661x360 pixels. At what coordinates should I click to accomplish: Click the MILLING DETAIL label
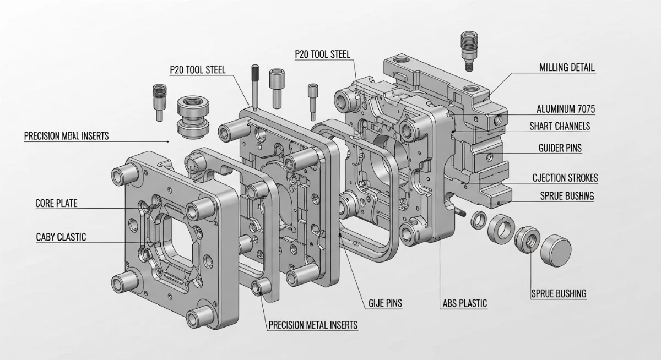[x=566, y=68]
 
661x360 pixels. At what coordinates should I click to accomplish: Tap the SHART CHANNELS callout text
[x=560, y=127]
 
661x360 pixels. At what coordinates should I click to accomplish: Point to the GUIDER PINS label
[x=560, y=148]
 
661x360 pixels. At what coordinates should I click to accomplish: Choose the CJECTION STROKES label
[x=565, y=178]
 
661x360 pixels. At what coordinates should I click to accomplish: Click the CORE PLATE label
[x=56, y=204]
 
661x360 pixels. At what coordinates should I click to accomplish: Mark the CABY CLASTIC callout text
[x=61, y=237]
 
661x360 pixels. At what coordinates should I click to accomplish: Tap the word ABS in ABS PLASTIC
[x=451, y=303]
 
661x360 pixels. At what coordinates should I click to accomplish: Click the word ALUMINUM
[x=554, y=110]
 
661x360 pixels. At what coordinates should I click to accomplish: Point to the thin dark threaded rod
[x=255, y=85]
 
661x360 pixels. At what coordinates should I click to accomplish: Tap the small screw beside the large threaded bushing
[x=159, y=101]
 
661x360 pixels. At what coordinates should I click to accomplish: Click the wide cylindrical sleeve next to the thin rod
[x=278, y=86]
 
